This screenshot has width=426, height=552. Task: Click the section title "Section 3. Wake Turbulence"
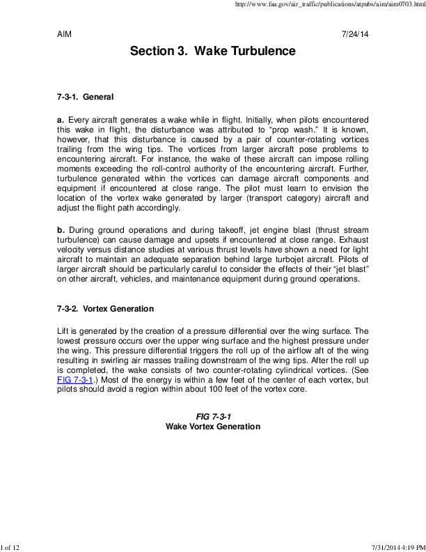(212, 52)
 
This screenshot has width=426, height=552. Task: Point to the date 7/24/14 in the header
(355, 33)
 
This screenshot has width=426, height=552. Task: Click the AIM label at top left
(64, 33)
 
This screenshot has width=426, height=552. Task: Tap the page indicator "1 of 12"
(13, 547)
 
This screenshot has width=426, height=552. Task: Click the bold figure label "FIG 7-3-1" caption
(212, 416)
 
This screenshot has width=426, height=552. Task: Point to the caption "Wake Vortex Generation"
(212, 426)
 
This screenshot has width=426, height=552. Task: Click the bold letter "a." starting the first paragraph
(61, 120)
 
